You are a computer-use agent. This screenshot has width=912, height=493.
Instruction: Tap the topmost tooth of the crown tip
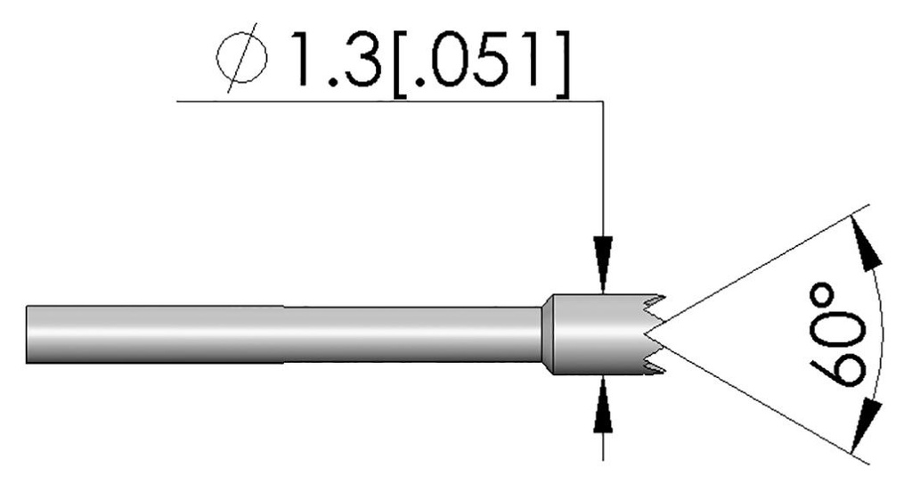(658, 299)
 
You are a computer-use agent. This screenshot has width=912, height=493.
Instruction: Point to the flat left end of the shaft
(28, 334)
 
